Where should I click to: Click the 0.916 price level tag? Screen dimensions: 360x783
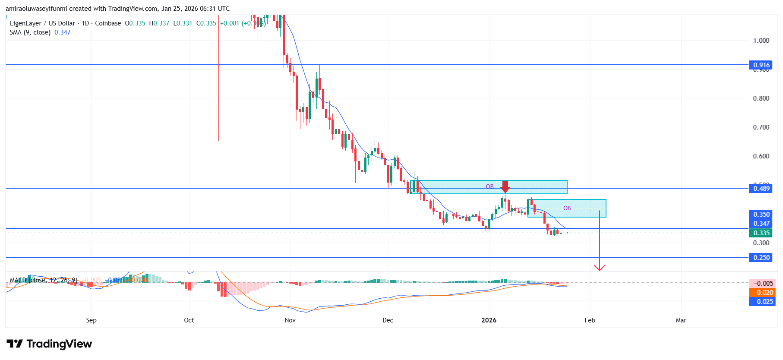tap(761, 65)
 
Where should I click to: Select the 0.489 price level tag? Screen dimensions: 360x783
tap(761, 188)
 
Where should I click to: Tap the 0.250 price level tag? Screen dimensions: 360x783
tap(761, 257)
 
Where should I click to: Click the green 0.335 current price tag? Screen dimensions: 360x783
tap(761, 233)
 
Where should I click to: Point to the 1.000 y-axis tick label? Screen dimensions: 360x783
tap(761, 41)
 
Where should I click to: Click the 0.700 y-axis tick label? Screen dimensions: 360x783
tap(761, 127)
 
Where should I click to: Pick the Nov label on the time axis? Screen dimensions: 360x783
tap(290, 320)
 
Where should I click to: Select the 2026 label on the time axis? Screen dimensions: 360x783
tap(489, 320)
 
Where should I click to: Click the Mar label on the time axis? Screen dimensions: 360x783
tap(681, 320)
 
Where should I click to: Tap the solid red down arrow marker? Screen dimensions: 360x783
tap(505, 187)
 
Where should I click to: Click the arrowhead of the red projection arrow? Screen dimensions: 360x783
tap(600, 268)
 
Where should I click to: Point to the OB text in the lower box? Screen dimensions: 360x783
tap(567, 208)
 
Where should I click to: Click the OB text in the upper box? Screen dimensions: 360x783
tap(489, 187)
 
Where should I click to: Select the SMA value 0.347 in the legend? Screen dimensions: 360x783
tap(63, 32)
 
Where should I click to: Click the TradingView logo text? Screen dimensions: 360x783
tap(59, 344)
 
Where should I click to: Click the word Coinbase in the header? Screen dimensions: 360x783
tap(108, 23)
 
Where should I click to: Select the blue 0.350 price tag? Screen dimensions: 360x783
tap(761, 215)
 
